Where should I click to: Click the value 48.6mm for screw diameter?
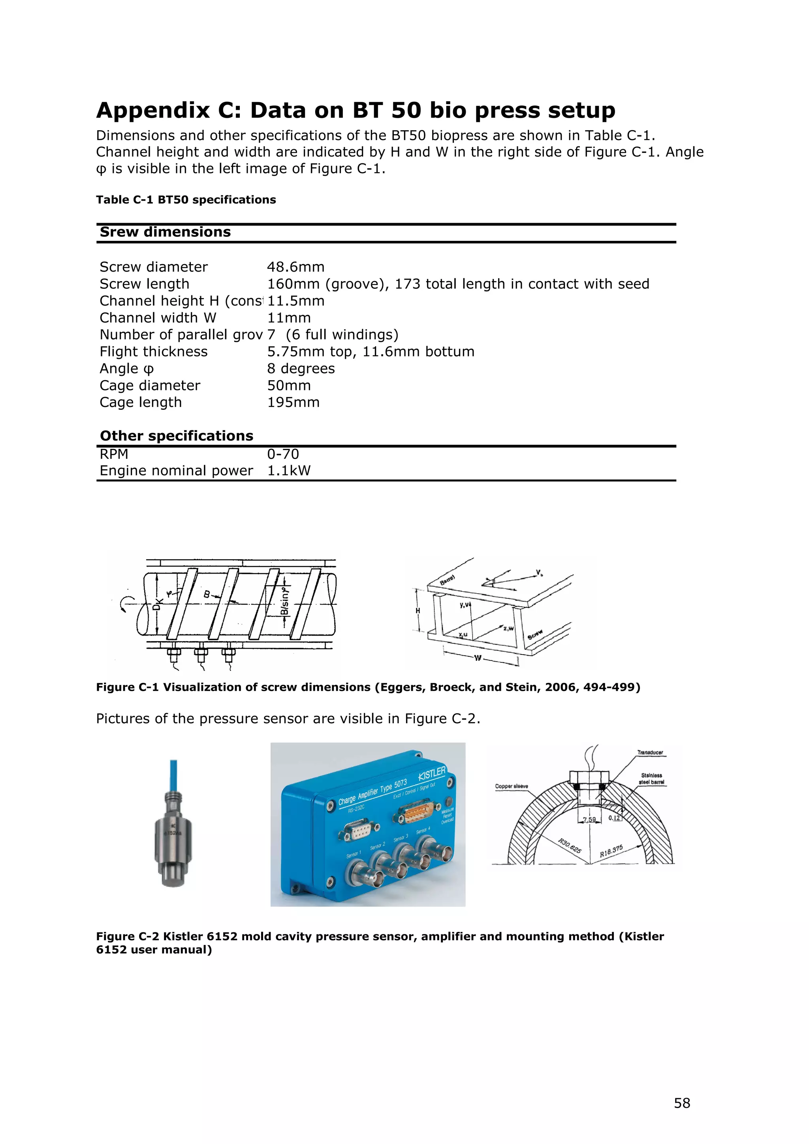click(x=295, y=267)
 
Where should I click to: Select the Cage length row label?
click(x=141, y=402)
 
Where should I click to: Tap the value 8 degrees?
click(x=301, y=369)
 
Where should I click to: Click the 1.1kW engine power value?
click(x=289, y=471)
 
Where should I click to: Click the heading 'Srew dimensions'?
click(x=165, y=232)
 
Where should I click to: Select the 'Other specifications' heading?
click(x=177, y=436)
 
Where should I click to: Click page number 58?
click(x=682, y=1103)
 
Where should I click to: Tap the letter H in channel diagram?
click(x=418, y=610)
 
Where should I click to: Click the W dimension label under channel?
click(x=478, y=658)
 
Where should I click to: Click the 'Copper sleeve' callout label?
click(x=511, y=786)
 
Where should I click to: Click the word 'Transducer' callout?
click(x=650, y=752)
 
